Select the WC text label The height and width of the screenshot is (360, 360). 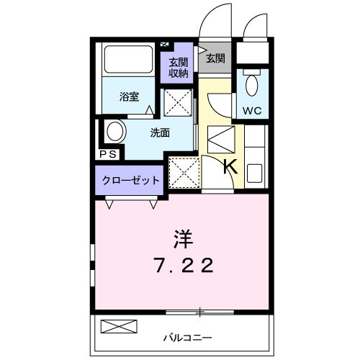pyautogui.click(x=253, y=111)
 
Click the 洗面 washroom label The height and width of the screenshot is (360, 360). pyautogui.click(x=160, y=132)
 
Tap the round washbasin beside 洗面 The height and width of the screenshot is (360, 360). pyautogui.click(x=114, y=132)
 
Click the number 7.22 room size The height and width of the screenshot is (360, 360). pyautogui.click(x=184, y=266)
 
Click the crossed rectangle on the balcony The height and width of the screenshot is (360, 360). pyautogui.click(x=118, y=326)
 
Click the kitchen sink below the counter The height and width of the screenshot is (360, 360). pyautogui.click(x=256, y=174)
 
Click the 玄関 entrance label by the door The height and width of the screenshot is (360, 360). pyautogui.click(x=215, y=58)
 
